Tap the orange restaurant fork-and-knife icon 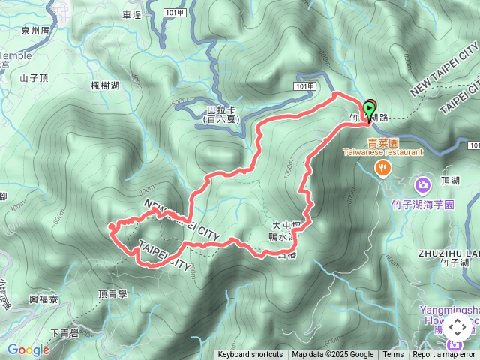[x=383, y=168]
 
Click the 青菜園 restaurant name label [x=382, y=142]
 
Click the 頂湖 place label [x=451, y=181]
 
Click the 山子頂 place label [x=34, y=77]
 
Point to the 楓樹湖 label [x=105, y=86]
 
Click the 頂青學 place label [x=112, y=295]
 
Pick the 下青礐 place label [x=65, y=333]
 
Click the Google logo [x=28, y=349]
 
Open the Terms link [x=393, y=355]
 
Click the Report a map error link [x=444, y=355]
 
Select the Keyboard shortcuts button [x=250, y=355]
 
